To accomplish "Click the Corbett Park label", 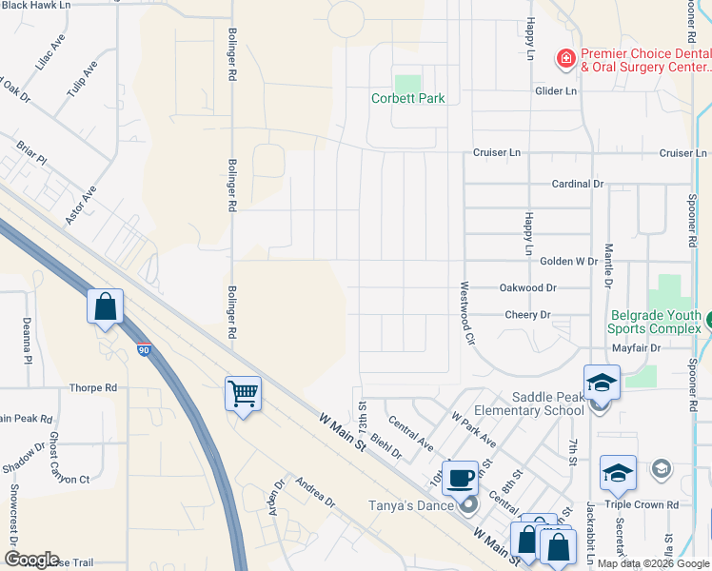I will [x=408, y=98].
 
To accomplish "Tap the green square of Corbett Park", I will [x=407, y=83].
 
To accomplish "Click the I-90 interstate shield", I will [x=143, y=350].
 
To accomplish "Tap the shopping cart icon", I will [x=243, y=392].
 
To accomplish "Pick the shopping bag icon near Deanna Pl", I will [x=105, y=307].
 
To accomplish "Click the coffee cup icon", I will [x=461, y=476].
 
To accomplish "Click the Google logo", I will [x=30, y=560].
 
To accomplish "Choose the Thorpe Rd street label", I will [x=93, y=388].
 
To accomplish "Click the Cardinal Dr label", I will [x=578, y=184].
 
